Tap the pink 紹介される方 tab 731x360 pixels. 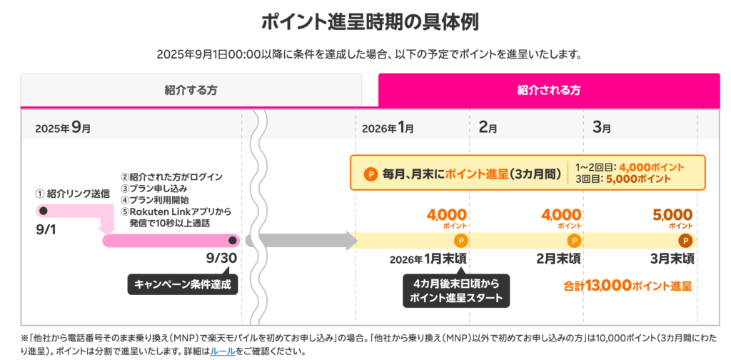[548, 90]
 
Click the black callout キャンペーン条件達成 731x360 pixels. [183, 284]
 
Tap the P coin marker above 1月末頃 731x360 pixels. [460, 241]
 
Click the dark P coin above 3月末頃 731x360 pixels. [685, 241]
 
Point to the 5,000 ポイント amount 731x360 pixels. [672, 215]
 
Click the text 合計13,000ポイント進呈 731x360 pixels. [627, 286]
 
